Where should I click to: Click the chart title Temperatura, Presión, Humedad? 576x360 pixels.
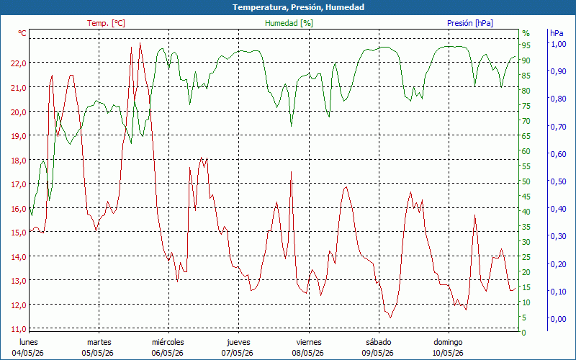(298, 7)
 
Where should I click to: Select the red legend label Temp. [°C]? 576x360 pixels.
(106, 23)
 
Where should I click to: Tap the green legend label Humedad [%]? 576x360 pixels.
(289, 23)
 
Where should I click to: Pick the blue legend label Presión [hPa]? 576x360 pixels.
(470, 23)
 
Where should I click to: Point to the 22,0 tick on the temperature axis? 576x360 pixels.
(19, 63)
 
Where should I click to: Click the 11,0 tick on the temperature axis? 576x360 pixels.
(19, 329)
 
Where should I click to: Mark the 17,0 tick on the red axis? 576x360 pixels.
(19, 184)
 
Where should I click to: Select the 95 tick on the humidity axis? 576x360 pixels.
(526, 45)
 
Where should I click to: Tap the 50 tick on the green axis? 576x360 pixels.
(526, 181)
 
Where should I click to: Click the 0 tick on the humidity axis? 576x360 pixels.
(524, 333)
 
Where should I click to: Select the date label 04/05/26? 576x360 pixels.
(28, 353)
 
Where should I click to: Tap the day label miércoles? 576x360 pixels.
(168, 342)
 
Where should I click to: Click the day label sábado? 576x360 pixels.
(379, 342)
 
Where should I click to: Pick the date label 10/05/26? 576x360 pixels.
(448, 353)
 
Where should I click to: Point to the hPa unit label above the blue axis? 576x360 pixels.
(557, 32)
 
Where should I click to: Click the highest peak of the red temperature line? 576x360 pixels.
(140, 43)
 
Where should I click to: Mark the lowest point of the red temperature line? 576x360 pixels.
(390, 318)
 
